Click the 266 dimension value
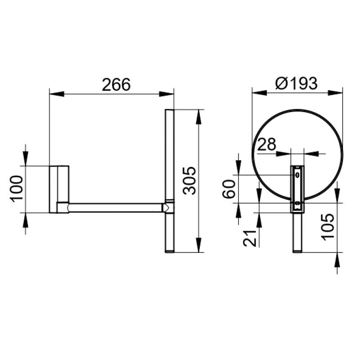click(116, 85)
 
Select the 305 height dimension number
click(189, 181)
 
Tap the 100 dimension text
click(17, 189)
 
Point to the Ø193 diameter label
click(297, 83)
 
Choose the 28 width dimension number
click(266, 144)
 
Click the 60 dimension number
click(229, 189)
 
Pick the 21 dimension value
click(250, 238)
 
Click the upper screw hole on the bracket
click(297, 175)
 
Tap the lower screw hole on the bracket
click(297, 203)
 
